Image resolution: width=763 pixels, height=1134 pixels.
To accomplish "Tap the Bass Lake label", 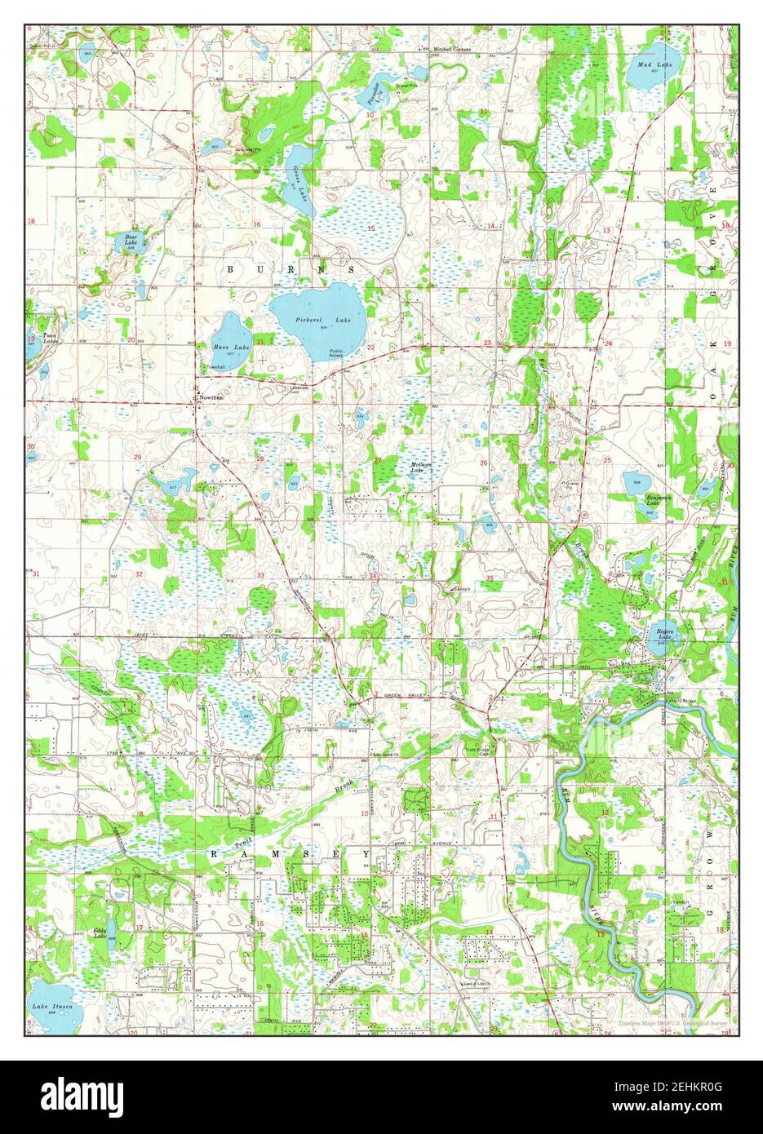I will [225, 346].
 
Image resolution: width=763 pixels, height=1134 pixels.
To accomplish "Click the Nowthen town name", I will [211, 397].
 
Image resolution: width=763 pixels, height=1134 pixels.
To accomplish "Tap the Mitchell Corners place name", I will [453, 48].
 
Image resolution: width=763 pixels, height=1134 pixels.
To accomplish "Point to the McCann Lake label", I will [418, 467].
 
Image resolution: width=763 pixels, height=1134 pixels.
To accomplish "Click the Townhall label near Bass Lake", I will [215, 367].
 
